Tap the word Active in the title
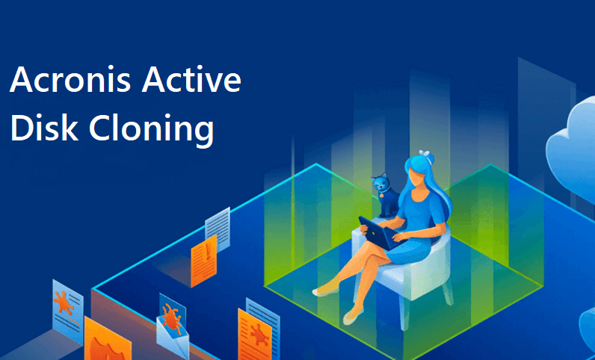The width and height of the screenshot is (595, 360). [191, 80]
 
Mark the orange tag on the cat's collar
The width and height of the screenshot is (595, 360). [381, 195]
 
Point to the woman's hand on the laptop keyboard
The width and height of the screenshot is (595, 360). [397, 237]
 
